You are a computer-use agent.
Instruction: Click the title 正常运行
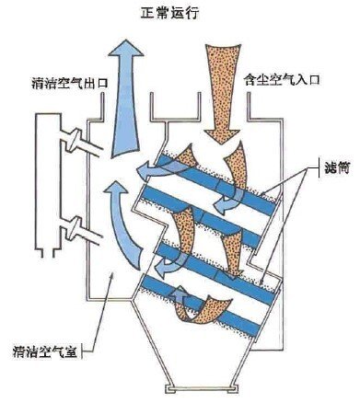click(x=169, y=13)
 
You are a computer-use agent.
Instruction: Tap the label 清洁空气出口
click(x=70, y=83)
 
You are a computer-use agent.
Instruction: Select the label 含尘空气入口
click(x=282, y=80)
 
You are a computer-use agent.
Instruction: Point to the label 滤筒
click(x=337, y=168)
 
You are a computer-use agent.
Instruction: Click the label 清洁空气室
click(x=44, y=351)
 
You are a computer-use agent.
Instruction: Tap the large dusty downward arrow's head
click(x=222, y=136)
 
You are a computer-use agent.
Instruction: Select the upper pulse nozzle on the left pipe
click(x=75, y=140)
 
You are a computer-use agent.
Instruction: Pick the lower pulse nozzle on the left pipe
click(x=75, y=228)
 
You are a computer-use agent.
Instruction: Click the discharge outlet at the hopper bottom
click(x=201, y=388)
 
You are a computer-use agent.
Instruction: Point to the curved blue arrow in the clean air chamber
click(x=122, y=224)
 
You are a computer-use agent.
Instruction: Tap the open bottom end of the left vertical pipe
click(x=47, y=253)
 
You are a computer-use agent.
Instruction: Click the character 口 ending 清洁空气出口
click(x=102, y=83)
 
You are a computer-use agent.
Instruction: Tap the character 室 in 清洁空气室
click(x=70, y=351)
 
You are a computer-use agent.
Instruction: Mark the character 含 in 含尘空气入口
click(x=250, y=80)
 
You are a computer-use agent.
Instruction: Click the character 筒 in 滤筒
click(x=343, y=168)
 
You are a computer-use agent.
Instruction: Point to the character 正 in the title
click(x=147, y=14)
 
